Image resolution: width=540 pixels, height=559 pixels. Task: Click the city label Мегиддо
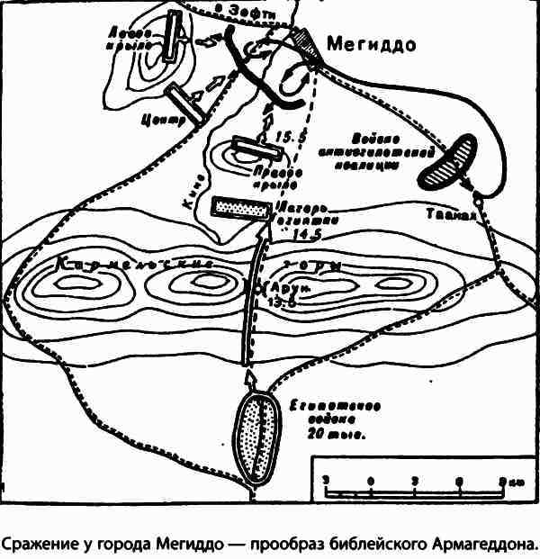click(371, 43)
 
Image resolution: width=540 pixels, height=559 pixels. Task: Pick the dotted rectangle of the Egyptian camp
click(240, 207)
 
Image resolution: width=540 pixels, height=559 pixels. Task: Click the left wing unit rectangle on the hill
click(167, 37)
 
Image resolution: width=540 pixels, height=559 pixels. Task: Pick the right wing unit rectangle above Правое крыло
click(246, 148)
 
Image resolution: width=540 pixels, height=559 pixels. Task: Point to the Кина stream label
click(204, 193)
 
